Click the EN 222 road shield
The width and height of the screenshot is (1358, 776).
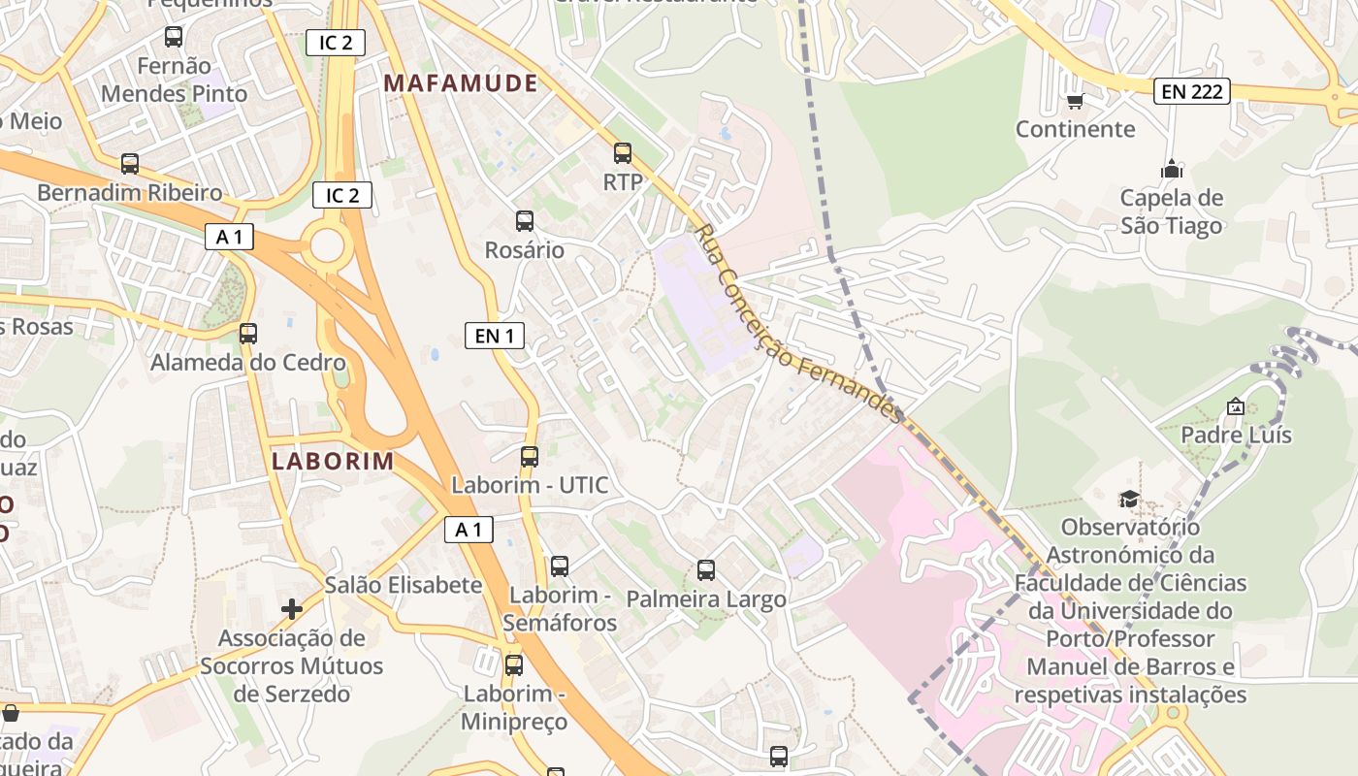pyautogui.click(x=1192, y=92)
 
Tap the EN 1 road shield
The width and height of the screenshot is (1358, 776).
pyautogui.click(x=494, y=336)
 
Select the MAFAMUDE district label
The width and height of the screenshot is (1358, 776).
pyautogui.click(x=461, y=83)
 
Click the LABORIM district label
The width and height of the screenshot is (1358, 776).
pyautogui.click(x=333, y=461)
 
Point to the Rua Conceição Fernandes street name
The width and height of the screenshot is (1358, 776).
pyautogui.click(x=799, y=325)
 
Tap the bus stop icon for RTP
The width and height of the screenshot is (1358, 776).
pyautogui.click(x=623, y=153)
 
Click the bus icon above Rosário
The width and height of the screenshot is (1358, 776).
pyautogui.click(x=525, y=221)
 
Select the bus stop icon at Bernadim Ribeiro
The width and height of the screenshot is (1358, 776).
pyautogui.click(x=130, y=164)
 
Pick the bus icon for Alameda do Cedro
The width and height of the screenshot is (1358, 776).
pyautogui.click(x=248, y=334)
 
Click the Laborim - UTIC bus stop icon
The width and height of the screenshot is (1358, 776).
pyautogui.click(x=530, y=457)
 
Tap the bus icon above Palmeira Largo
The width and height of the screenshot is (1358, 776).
pyautogui.click(x=706, y=570)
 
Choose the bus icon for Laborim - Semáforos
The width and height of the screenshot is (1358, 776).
pyautogui.click(x=560, y=566)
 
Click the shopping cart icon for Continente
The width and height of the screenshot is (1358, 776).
pyautogui.click(x=1074, y=101)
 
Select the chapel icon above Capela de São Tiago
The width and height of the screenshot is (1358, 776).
pyautogui.click(x=1172, y=170)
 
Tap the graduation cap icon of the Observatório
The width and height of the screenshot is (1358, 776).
pyautogui.click(x=1129, y=499)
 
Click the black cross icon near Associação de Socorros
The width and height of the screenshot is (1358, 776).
pyautogui.click(x=292, y=609)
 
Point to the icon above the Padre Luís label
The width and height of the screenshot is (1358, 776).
pyautogui.click(x=1235, y=406)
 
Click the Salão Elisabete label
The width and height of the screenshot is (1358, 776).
pyautogui.click(x=404, y=585)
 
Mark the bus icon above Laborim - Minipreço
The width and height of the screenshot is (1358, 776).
pyautogui.click(x=514, y=665)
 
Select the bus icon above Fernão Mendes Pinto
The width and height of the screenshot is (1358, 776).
pyautogui.click(x=174, y=38)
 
